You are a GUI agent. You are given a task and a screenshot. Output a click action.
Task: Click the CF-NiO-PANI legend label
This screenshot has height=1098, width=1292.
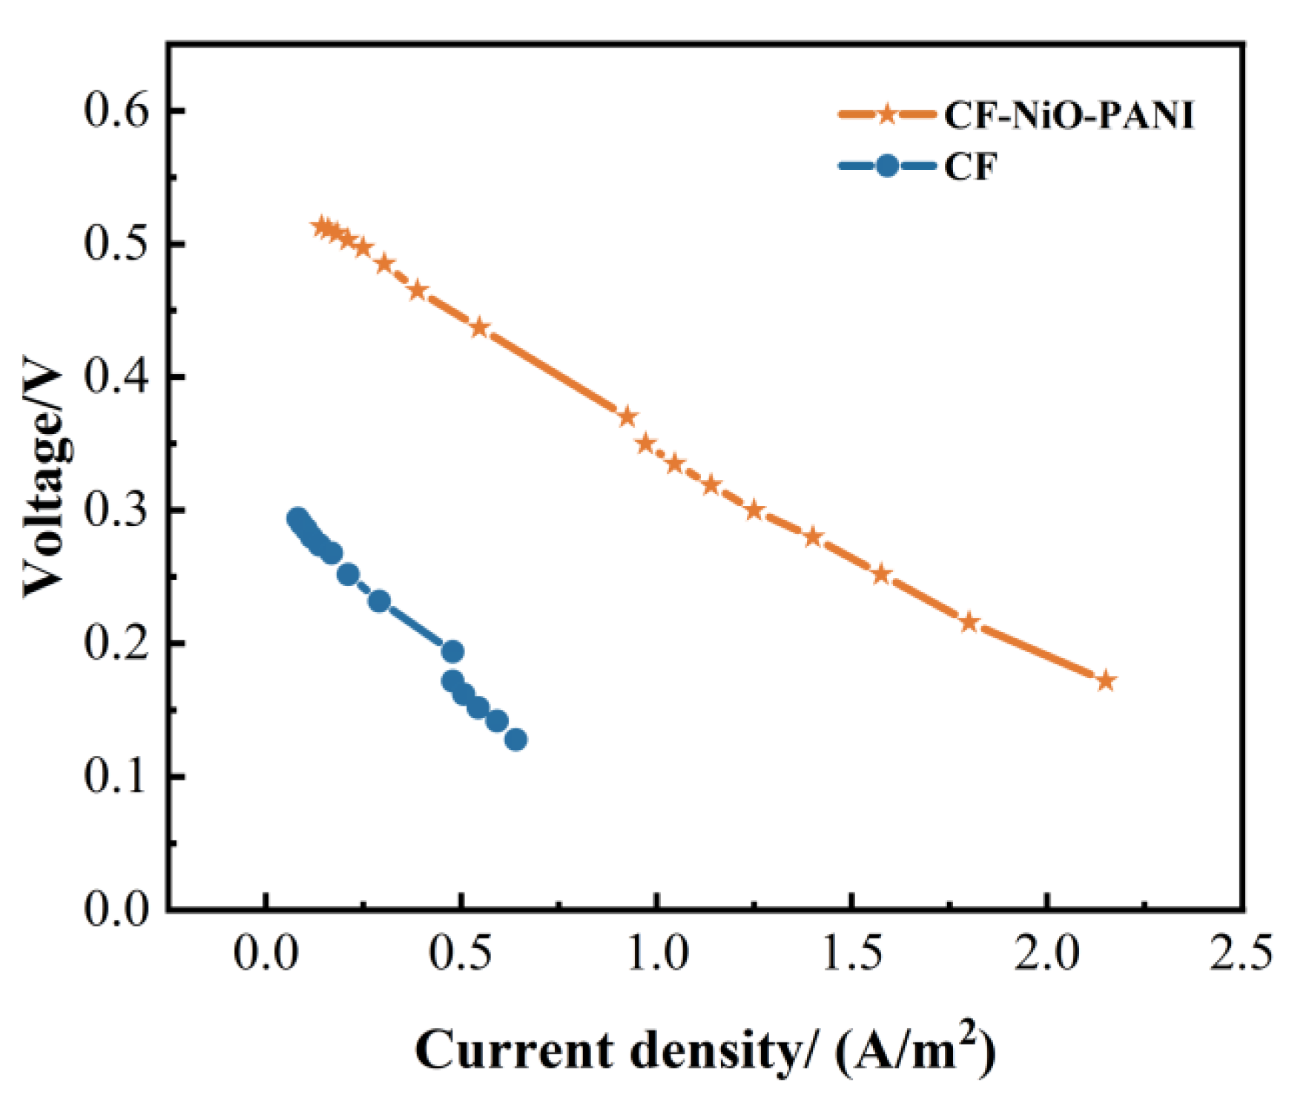click(x=1068, y=116)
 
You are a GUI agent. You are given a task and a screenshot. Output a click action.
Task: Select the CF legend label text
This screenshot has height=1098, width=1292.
click(x=970, y=166)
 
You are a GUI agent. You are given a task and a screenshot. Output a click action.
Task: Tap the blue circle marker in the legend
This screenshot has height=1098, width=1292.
click(x=887, y=165)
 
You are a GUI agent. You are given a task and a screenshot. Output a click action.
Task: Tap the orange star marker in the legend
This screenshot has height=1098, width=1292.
click(x=887, y=114)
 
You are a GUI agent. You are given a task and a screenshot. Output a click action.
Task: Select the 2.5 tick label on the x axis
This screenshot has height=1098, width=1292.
click(x=1241, y=953)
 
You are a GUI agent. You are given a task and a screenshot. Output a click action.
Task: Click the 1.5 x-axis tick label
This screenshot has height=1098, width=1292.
click(x=851, y=953)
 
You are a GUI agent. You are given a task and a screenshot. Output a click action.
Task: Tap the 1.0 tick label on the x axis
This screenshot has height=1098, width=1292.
click(x=656, y=953)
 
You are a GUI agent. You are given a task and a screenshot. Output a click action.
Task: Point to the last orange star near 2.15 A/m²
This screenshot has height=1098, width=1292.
click(x=1106, y=680)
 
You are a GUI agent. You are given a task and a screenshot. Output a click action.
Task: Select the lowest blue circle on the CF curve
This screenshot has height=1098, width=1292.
click(x=516, y=740)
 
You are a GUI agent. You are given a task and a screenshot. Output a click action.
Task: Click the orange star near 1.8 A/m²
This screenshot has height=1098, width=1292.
click(x=969, y=622)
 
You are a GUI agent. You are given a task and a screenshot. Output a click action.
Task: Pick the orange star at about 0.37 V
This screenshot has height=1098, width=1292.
click(x=627, y=416)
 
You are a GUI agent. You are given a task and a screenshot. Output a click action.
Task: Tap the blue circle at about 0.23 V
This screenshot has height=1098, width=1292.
click(x=379, y=601)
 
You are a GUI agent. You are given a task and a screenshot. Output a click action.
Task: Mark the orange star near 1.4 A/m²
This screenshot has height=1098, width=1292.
click(x=813, y=536)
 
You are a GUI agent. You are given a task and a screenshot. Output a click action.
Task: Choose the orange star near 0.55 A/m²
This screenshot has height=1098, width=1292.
click(x=480, y=327)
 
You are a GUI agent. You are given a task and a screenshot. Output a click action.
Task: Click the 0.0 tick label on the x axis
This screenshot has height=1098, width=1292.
click(x=266, y=953)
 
